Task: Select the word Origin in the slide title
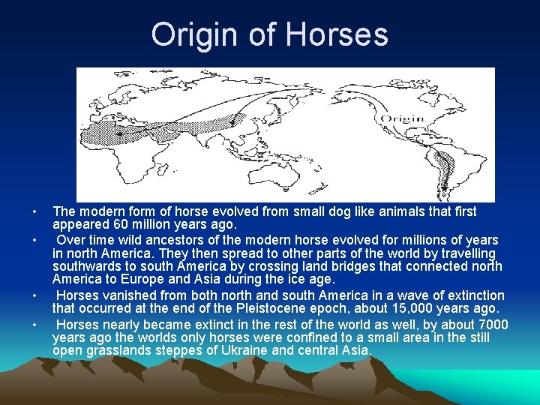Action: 193,34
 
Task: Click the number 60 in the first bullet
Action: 122,224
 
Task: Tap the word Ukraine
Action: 249,350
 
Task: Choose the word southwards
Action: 88,266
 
